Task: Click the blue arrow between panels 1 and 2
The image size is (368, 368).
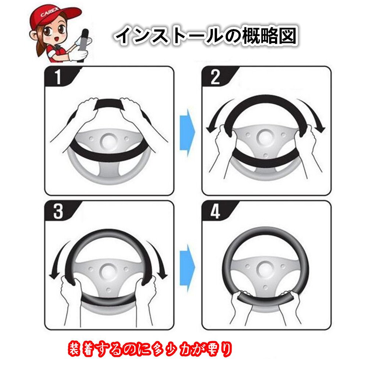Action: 187,132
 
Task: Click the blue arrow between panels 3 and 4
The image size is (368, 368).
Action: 187,268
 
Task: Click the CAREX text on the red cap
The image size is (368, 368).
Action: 49,13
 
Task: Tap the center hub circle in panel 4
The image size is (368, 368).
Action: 265,269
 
